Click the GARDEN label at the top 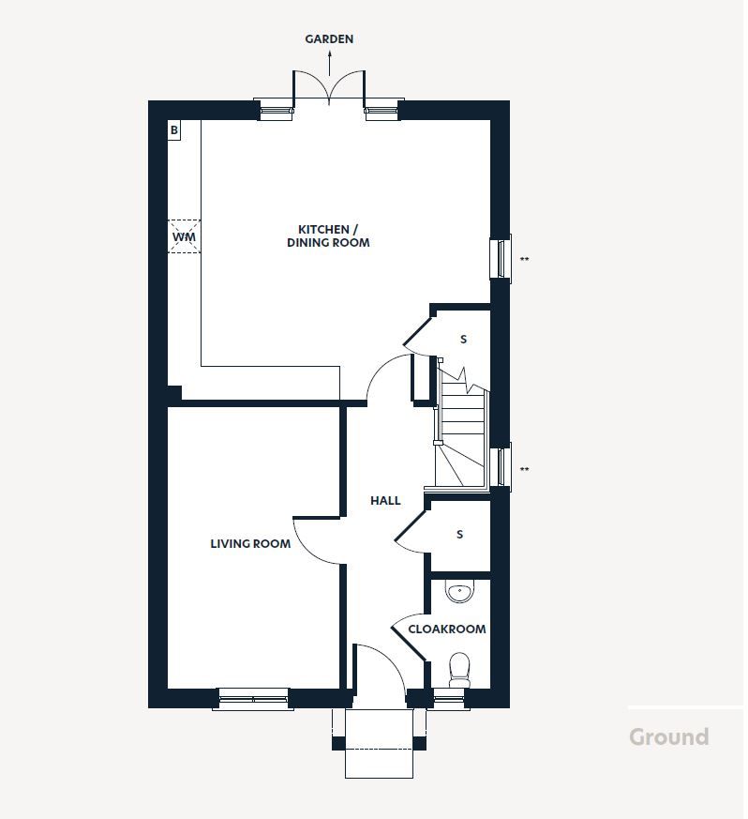(x=329, y=39)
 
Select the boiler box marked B (x=174, y=130)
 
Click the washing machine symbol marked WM (x=184, y=237)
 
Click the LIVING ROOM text (x=250, y=543)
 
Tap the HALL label (x=385, y=501)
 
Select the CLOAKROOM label (x=447, y=629)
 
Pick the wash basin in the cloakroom (x=459, y=592)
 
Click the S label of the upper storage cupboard (x=463, y=340)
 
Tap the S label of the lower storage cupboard (x=459, y=535)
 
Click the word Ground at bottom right (x=668, y=736)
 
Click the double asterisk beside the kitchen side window (x=525, y=260)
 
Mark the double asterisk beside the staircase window (x=525, y=470)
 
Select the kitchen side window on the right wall (x=501, y=258)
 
